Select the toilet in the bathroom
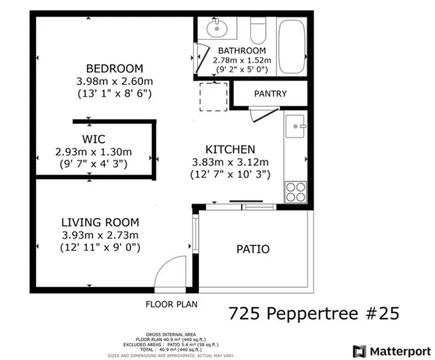pos(257,30)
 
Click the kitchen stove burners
pos(295,190)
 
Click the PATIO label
pos(253,249)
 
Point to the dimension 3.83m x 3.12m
pos(229,161)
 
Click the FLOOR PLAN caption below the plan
pos(171,304)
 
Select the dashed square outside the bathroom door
pos(213,96)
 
